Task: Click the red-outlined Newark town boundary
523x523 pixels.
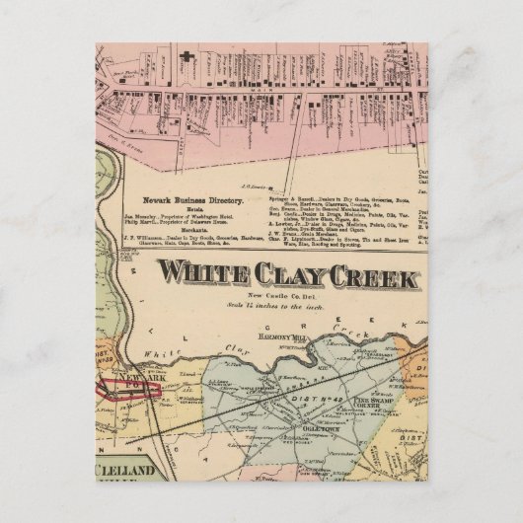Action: pos(128,389)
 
